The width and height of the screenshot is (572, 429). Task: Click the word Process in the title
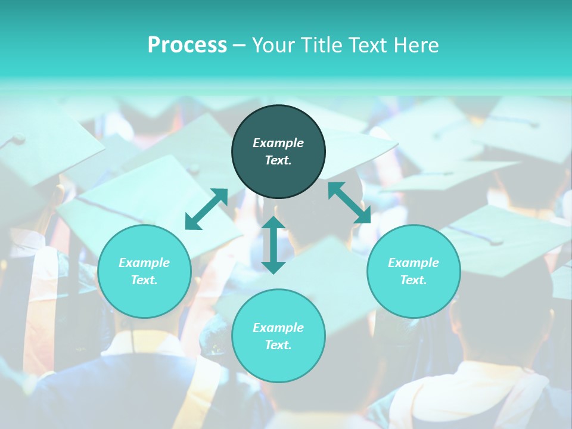point(187,45)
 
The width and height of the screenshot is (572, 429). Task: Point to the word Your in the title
point(272,45)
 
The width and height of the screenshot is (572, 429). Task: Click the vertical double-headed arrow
point(273,245)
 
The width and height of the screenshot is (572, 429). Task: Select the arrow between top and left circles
point(207,209)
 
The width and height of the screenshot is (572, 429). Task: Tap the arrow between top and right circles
point(349,203)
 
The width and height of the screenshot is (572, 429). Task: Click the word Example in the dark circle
point(278,143)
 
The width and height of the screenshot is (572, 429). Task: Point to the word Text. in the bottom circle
point(278,345)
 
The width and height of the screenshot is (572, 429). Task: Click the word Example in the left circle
point(144,263)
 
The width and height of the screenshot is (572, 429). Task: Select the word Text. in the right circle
point(414,280)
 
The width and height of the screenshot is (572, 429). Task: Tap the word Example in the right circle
point(414,263)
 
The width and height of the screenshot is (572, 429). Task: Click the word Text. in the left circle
point(144,280)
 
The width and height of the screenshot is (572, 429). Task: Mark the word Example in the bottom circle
point(278,328)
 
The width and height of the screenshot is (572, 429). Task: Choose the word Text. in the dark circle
point(278,160)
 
